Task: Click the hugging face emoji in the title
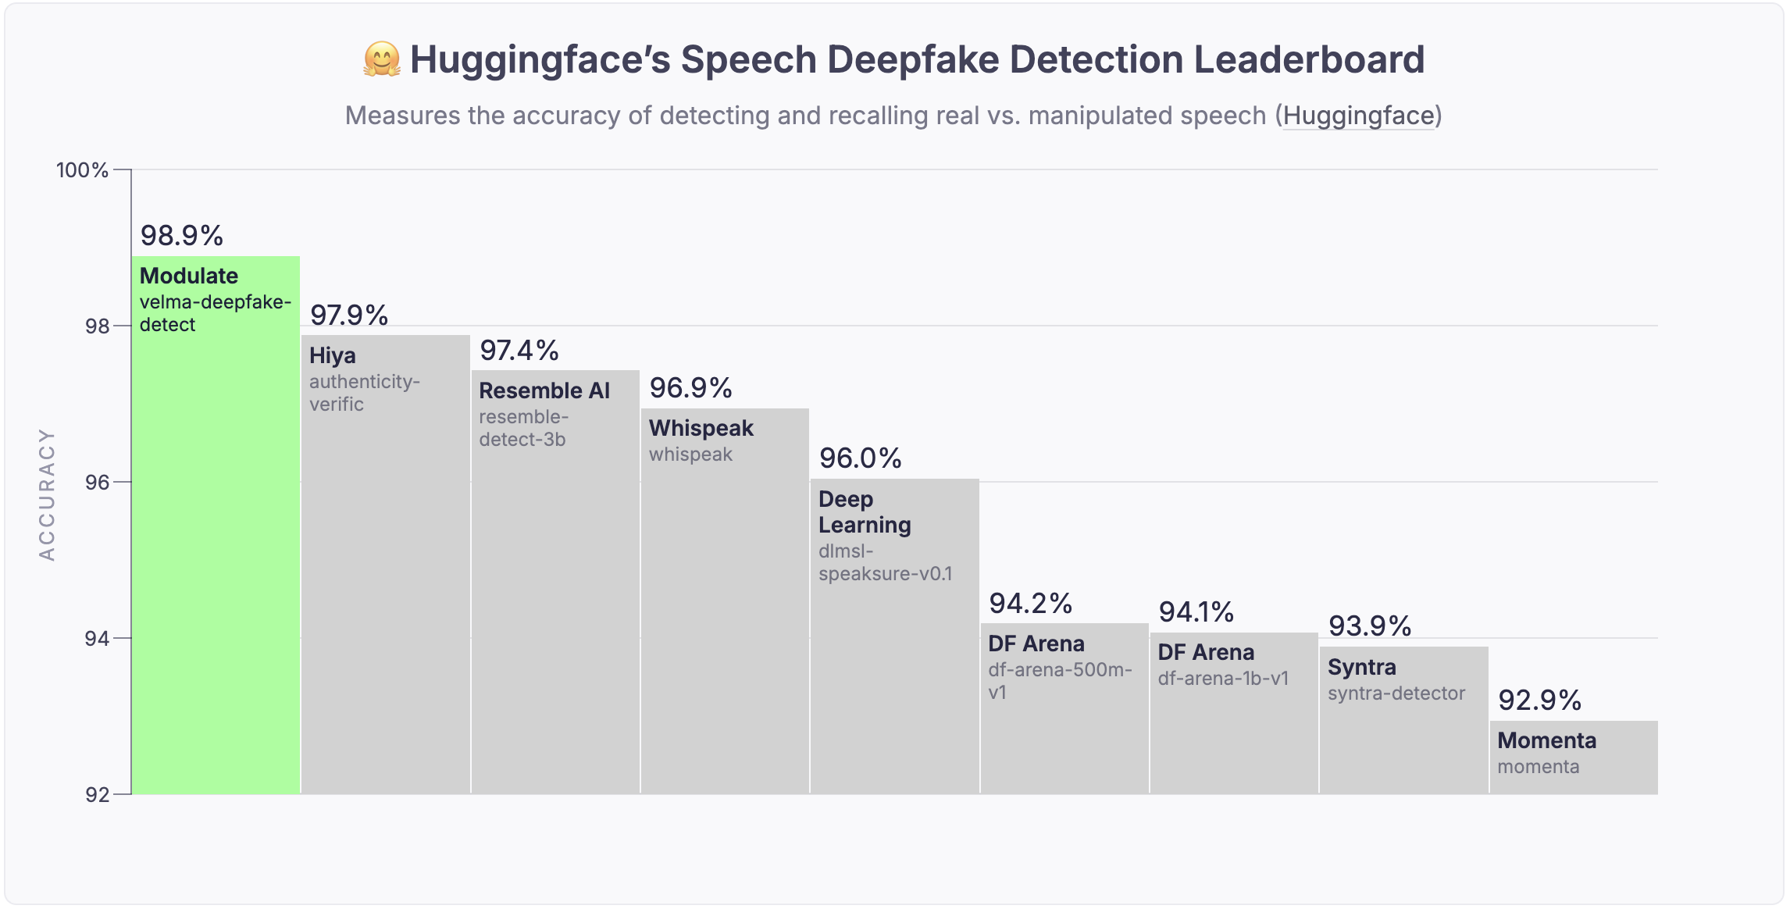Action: coord(382,60)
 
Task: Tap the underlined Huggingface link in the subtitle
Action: coord(1358,116)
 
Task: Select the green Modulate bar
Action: coord(216,547)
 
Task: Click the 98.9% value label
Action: coord(181,236)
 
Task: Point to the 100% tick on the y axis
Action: coord(82,170)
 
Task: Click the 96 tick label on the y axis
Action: coord(97,483)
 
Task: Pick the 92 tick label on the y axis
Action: coord(97,795)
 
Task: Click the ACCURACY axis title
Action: coord(47,494)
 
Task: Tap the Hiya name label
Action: coord(333,356)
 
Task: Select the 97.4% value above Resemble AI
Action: coord(519,351)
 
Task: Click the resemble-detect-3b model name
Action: coord(522,428)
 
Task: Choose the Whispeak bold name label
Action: coord(701,429)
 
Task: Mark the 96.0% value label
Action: coord(860,458)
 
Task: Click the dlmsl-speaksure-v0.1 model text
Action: coord(885,562)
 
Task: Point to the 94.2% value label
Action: coord(1030,604)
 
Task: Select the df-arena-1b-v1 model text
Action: coord(1223,679)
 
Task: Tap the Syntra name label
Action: coord(1361,668)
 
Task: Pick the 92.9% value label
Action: coord(1539,700)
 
